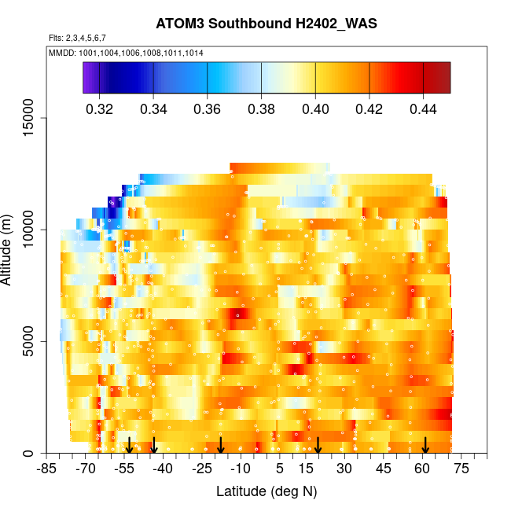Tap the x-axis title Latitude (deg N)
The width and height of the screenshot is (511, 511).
pos(267,492)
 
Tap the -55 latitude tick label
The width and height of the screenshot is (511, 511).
pos(124,469)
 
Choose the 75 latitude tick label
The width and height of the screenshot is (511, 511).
pos(461,469)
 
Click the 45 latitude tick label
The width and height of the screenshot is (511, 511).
pos(384,469)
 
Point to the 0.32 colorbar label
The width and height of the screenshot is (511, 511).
pos(100,108)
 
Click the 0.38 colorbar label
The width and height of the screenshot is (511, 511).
pos(261,108)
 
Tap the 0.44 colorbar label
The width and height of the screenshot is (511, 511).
pos(423,108)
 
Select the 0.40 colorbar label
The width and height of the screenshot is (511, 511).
pos(315,108)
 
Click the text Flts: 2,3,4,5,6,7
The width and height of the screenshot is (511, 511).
pos(77,39)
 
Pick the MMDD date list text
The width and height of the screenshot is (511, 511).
pos(126,53)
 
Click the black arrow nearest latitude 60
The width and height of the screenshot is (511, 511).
pos(425,446)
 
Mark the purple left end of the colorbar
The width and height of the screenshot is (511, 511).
pos(87,78)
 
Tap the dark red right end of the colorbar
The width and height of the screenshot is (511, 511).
pos(445,78)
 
